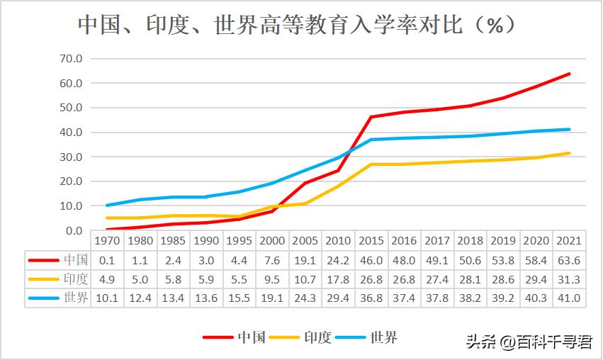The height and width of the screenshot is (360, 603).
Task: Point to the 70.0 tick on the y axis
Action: click(72, 59)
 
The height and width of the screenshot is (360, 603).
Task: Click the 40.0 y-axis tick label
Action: click(72, 133)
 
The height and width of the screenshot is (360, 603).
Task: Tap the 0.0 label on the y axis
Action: click(74, 230)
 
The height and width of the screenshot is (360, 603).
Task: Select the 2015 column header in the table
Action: click(371, 241)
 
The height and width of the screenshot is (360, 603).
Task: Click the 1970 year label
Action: click(107, 241)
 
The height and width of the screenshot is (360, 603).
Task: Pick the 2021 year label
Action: click(569, 241)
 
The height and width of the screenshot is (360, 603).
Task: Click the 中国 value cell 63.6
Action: click(569, 260)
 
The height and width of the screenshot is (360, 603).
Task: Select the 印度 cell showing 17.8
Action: click(338, 279)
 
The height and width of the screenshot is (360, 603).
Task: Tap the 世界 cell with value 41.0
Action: click(569, 298)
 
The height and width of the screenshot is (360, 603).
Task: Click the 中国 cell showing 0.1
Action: click(107, 260)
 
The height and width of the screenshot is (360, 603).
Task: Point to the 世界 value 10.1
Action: click(107, 298)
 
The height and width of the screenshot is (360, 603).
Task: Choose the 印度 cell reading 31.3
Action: click(569, 279)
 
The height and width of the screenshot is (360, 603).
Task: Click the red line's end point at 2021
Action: click(569, 74)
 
